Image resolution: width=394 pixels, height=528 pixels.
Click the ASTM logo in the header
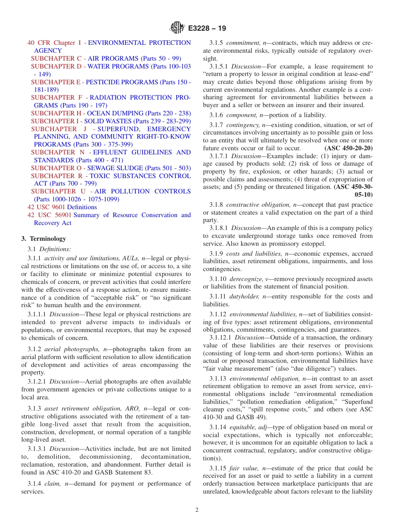(177, 28)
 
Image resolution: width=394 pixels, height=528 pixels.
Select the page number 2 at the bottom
(197, 510)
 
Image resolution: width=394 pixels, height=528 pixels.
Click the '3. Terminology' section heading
(44, 239)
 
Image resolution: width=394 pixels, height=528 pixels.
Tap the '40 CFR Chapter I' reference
(51, 43)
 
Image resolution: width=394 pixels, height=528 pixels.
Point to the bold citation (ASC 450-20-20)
(348, 148)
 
